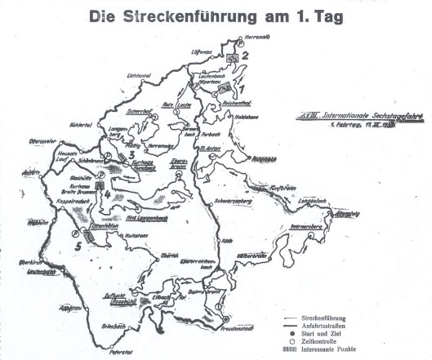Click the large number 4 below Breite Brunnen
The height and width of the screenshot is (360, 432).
coord(105,193)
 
